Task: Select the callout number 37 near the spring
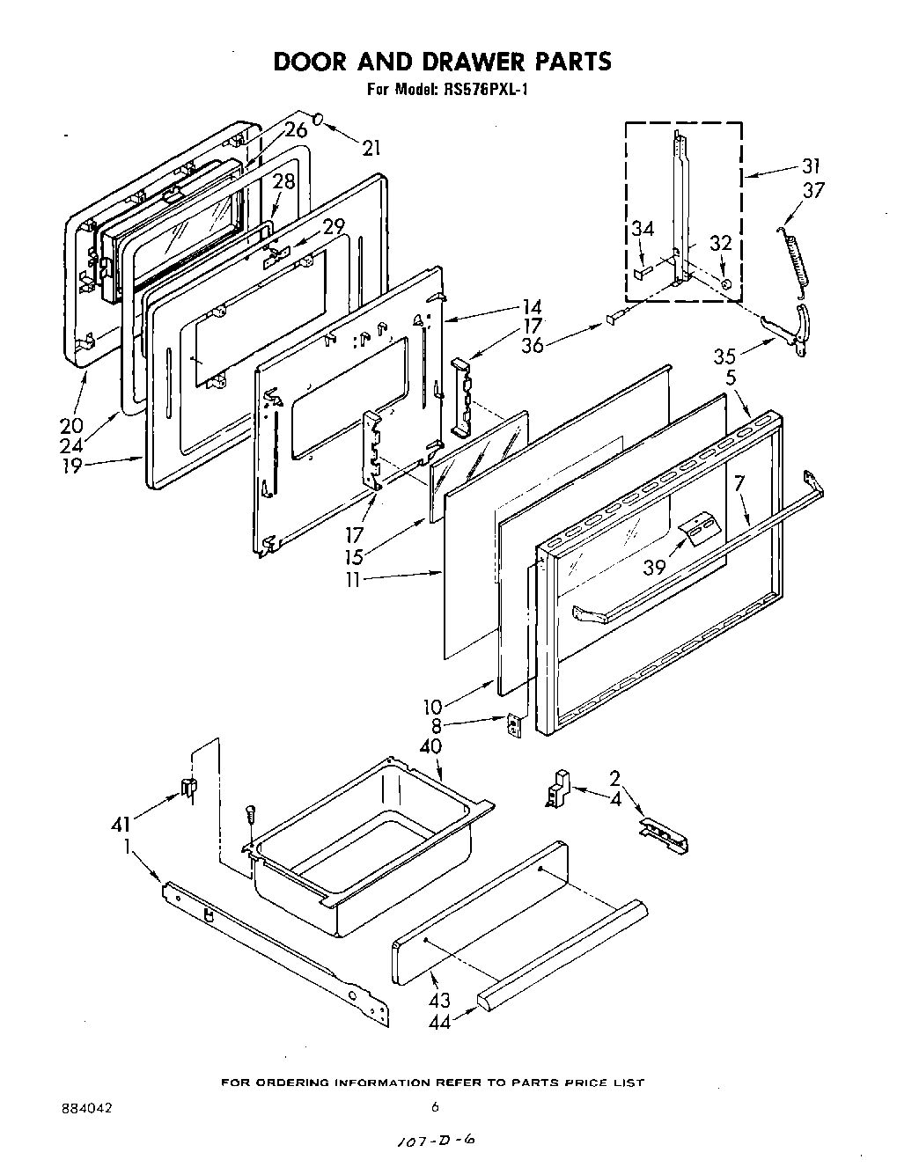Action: (x=813, y=189)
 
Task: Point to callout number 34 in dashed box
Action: (x=643, y=230)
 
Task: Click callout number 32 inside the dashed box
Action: (x=720, y=244)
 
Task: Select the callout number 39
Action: (x=654, y=568)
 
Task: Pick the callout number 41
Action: (x=121, y=825)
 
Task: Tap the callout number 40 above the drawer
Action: (x=430, y=746)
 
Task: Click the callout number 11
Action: (x=353, y=581)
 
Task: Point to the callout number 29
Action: (x=333, y=227)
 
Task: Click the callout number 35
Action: (x=724, y=356)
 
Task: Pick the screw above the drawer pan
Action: (x=249, y=814)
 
